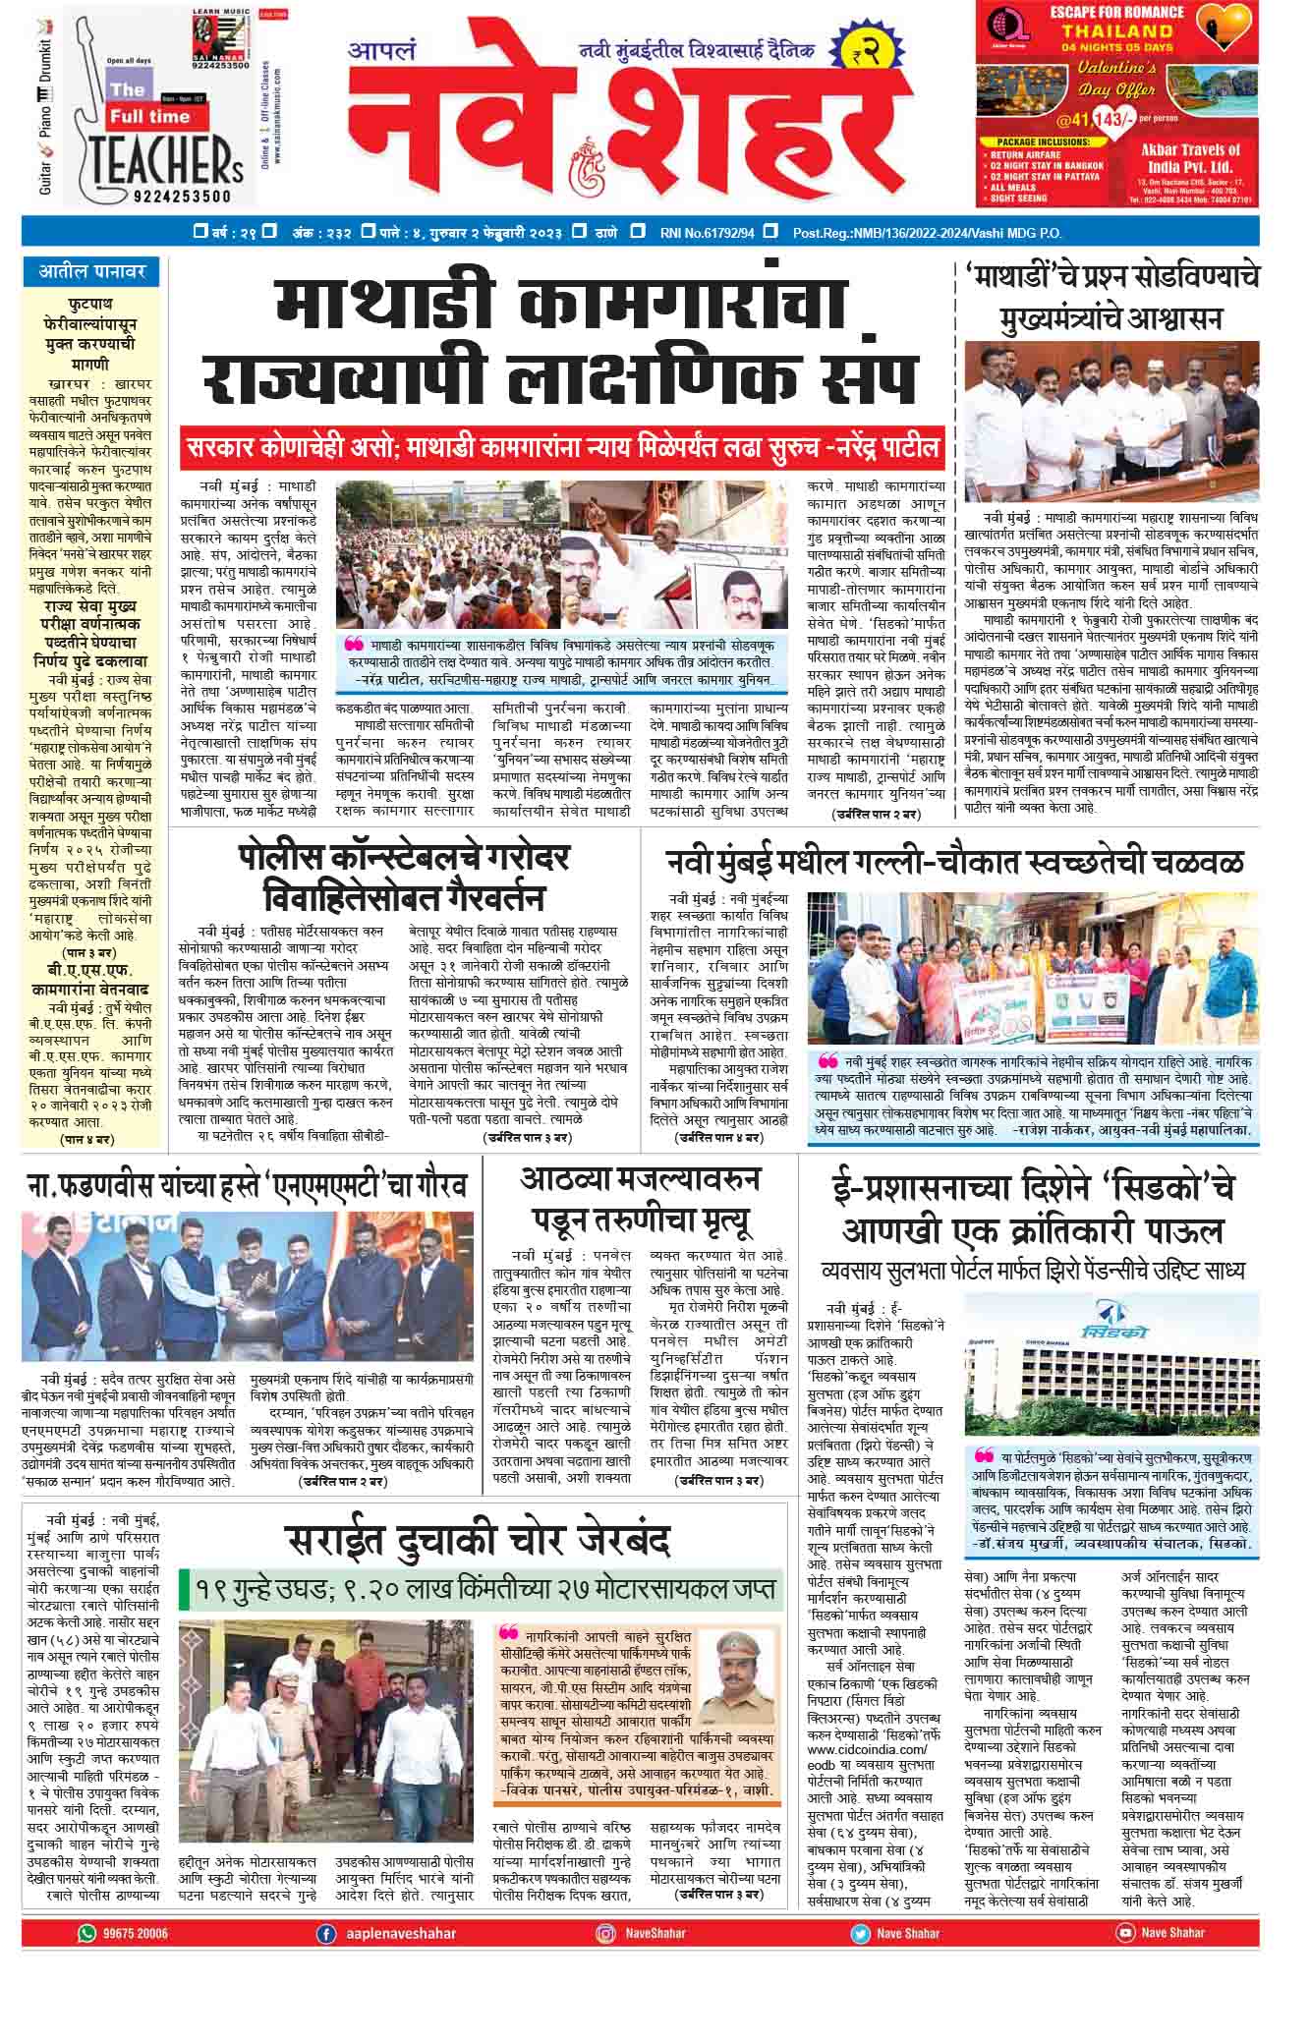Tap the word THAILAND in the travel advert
(1116, 30)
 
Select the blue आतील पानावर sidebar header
(92, 270)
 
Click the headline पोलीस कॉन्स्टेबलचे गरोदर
(403, 858)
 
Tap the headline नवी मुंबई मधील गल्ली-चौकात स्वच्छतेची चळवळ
(953, 862)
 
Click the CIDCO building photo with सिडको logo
(1110, 1367)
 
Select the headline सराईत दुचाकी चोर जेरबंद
(478, 1540)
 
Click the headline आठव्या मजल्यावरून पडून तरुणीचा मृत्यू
(640, 1199)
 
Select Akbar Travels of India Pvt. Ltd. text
(1190, 157)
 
